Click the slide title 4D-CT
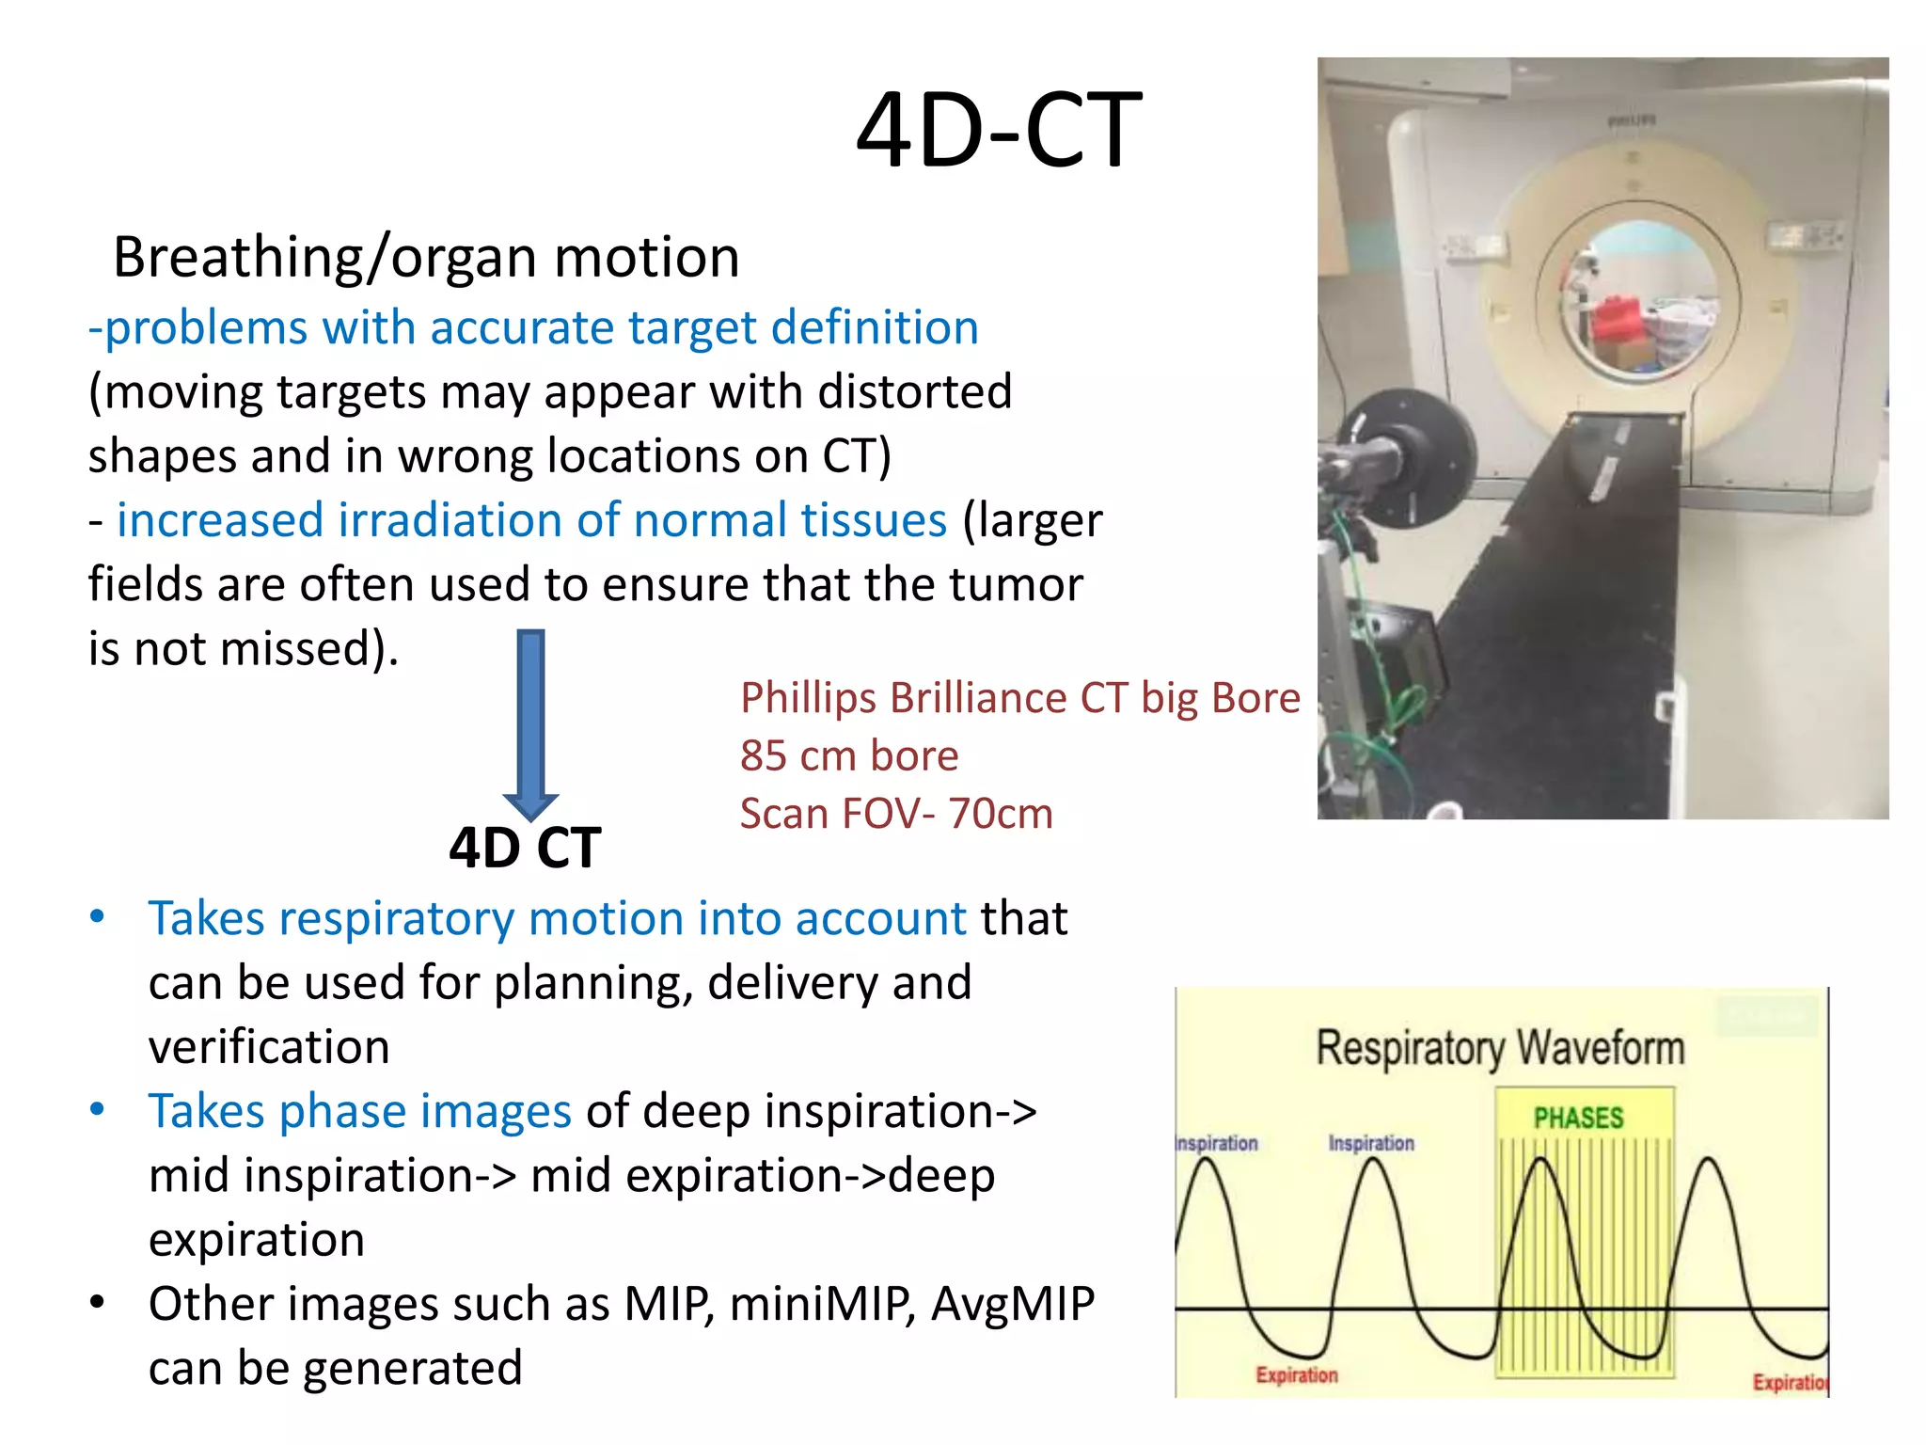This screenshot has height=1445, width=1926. coord(998,132)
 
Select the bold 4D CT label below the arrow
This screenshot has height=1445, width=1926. coord(524,848)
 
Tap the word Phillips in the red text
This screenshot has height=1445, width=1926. coord(808,698)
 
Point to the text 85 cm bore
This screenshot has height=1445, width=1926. coord(848,755)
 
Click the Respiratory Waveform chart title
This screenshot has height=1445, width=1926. coord(1499,1048)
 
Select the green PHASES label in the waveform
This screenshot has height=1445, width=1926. coord(1578,1118)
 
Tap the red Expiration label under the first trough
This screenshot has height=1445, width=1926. coord(1296,1374)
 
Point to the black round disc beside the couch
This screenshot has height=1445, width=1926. coord(1411,452)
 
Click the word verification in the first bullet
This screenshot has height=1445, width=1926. coord(269,1047)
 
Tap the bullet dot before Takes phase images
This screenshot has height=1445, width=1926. coord(97,1110)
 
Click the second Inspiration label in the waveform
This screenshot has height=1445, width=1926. coord(1370,1143)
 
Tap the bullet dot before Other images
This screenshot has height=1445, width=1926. coord(97,1303)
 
